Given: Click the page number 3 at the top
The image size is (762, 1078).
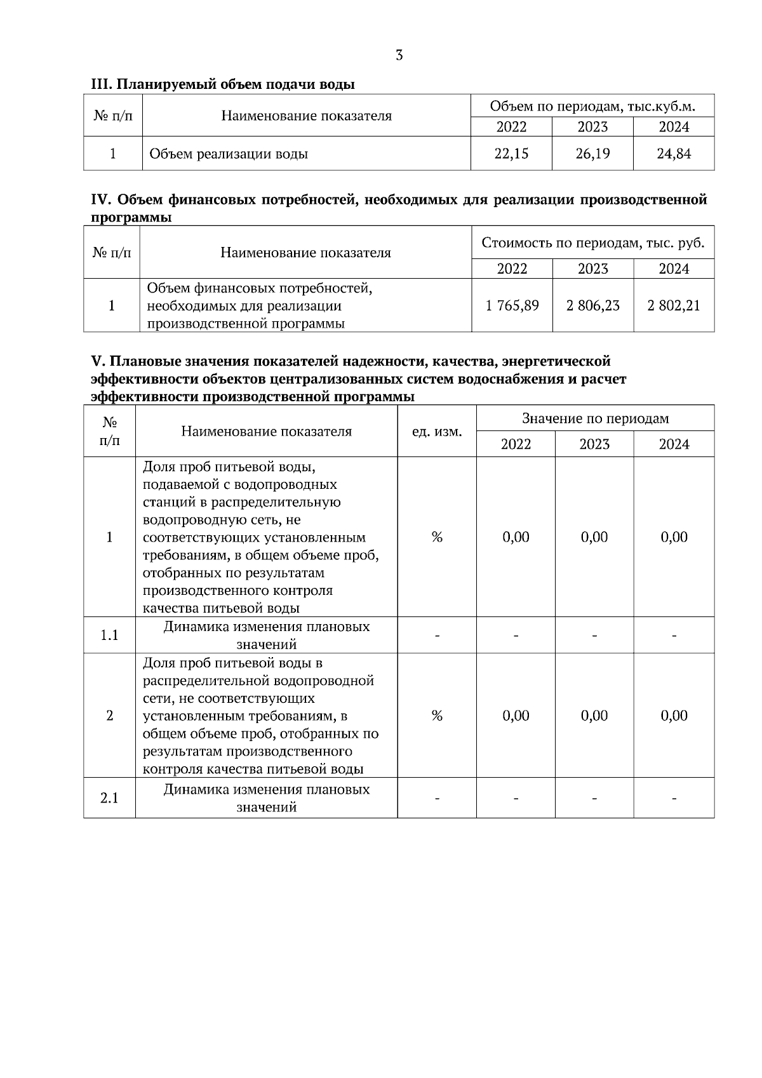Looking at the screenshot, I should click(x=399, y=55).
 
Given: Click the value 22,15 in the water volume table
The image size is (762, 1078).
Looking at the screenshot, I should click(x=511, y=154).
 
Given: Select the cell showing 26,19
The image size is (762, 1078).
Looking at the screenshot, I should click(x=592, y=154).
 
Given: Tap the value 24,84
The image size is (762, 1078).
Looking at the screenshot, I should click(x=674, y=154).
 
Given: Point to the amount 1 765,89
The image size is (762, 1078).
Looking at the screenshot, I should click(x=512, y=306).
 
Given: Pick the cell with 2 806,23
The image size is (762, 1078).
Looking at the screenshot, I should click(x=593, y=306).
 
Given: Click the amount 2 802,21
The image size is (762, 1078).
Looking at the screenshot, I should click(x=674, y=306).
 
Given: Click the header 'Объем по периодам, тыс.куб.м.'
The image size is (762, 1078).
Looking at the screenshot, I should click(x=592, y=107).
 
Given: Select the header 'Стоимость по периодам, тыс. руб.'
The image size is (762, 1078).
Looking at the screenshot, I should click(x=593, y=243).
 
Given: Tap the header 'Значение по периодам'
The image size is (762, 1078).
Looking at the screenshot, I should click(x=595, y=418).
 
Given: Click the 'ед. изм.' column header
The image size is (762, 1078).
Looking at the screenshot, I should click(x=437, y=432).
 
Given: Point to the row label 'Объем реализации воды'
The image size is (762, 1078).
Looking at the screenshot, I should click(x=229, y=154).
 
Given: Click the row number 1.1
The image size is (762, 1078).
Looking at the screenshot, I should click(x=110, y=635).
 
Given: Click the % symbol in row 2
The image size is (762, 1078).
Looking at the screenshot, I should click(x=437, y=716).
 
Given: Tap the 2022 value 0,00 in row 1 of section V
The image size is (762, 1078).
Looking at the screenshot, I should click(x=516, y=537).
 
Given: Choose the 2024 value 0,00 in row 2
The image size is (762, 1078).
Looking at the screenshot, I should click(x=674, y=716).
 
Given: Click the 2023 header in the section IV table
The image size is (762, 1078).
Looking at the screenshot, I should click(x=593, y=269).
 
